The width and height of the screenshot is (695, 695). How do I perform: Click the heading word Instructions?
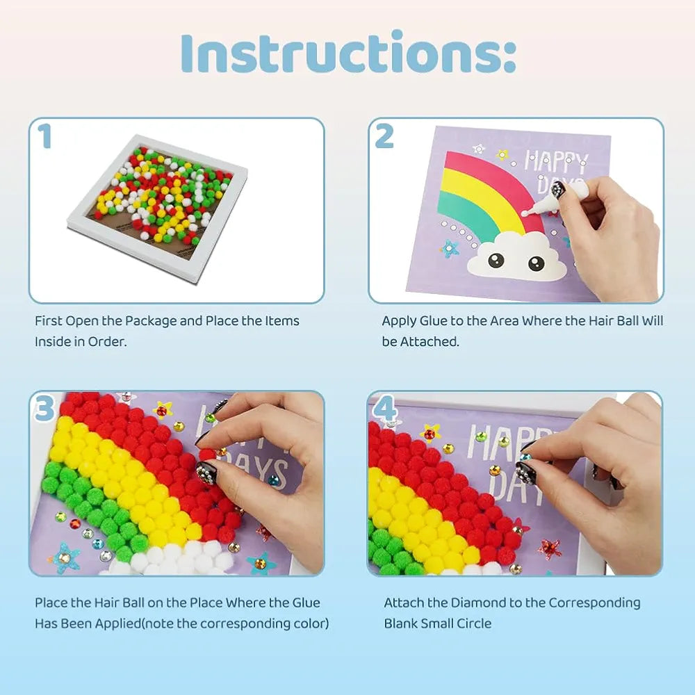point(348,52)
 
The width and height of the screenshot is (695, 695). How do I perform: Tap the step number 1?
point(44,136)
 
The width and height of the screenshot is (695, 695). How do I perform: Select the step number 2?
point(384,136)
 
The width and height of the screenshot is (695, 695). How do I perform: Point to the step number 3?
point(44,408)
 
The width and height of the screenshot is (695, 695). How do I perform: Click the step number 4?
point(385,409)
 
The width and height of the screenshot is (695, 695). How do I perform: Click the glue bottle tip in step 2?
point(524,213)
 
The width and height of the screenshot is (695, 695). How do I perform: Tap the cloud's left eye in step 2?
point(496,260)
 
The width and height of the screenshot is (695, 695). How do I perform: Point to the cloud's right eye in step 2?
point(536,263)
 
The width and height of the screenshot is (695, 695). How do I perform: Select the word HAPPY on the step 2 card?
point(556,162)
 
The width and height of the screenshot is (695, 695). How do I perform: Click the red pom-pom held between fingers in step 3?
point(206,455)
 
